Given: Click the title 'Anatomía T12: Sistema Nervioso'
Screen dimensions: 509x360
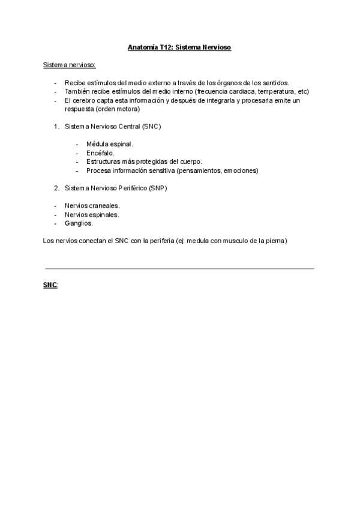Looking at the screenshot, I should (x=179, y=47).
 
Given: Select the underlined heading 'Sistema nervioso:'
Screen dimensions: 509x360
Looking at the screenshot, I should (x=68, y=65).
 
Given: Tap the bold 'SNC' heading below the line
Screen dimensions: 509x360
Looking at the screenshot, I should (x=50, y=286).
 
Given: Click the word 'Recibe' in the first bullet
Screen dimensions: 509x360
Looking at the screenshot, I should (x=75, y=83).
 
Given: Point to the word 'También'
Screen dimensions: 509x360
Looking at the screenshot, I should (x=77, y=91).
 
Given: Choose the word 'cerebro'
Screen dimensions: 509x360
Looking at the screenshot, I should (x=85, y=100).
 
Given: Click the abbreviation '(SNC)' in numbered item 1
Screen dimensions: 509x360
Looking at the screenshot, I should (x=152, y=127).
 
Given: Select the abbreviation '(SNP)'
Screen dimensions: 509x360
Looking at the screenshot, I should (x=157, y=188).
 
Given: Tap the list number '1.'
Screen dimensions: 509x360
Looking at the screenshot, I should (x=56, y=127).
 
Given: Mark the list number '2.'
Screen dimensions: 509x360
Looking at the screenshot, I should (x=56, y=188).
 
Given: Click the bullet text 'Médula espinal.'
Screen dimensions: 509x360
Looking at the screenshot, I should (x=110, y=145).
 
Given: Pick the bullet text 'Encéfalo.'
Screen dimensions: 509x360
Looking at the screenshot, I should (x=101, y=153).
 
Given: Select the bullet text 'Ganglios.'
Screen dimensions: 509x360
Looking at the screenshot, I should (x=79, y=223).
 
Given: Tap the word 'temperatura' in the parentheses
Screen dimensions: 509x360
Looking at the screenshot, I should (x=275, y=91).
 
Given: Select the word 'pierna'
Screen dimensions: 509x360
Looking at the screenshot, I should (x=277, y=241).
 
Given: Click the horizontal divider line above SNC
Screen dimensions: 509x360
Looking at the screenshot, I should (x=179, y=268).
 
